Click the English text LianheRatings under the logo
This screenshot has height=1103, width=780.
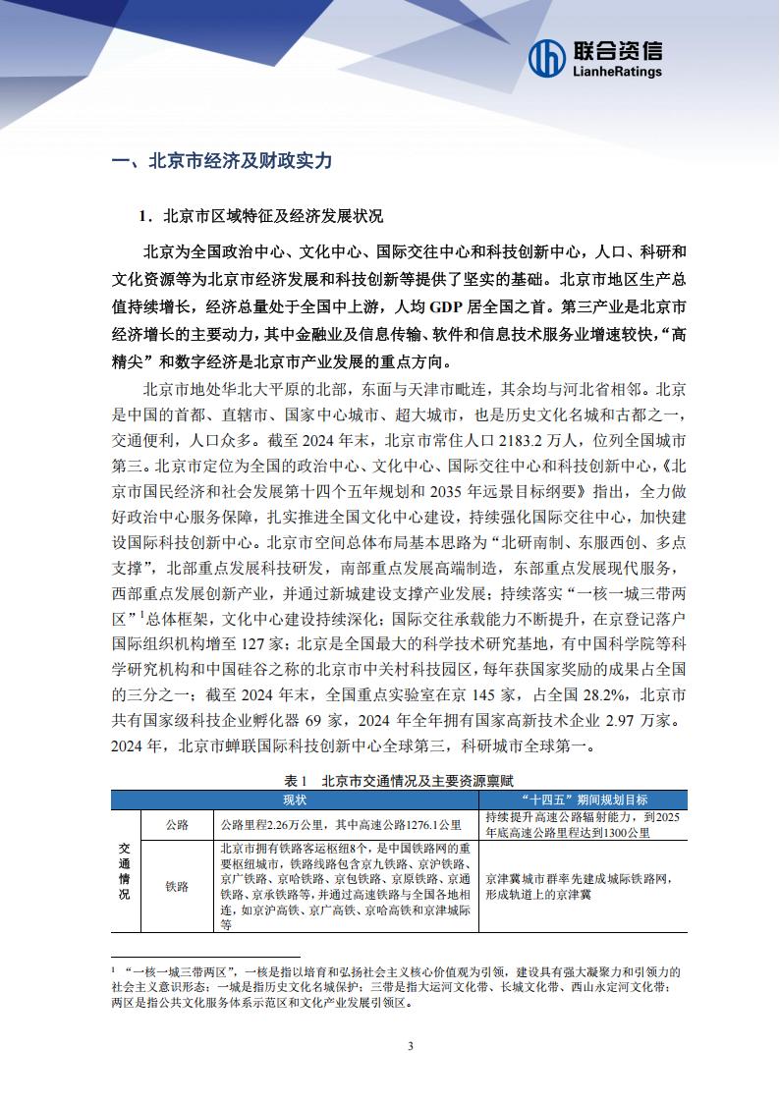[x=617, y=72]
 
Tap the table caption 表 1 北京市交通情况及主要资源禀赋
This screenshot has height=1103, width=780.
[x=390, y=780]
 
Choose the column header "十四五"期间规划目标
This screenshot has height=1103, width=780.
[x=573, y=799]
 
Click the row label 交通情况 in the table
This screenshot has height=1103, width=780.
[x=125, y=869]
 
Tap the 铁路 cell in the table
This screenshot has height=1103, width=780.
[x=177, y=885]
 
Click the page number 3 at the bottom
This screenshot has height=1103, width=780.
[x=410, y=1044]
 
